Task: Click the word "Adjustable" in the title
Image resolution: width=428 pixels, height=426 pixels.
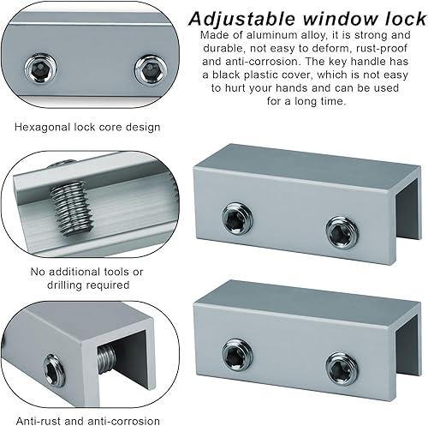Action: (241, 19)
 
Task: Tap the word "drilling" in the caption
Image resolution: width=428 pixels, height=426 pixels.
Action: (65, 285)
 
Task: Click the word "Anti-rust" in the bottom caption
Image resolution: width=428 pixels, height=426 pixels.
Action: (38, 421)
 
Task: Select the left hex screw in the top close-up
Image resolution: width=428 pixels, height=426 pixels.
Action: (40, 69)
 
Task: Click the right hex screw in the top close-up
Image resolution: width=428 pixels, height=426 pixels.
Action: (150, 69)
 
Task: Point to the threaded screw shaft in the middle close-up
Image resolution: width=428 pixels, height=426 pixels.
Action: (72, 209)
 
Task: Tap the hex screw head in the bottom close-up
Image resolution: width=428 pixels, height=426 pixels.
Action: (54, 370)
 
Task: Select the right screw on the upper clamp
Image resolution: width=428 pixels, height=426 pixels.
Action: (342, 232)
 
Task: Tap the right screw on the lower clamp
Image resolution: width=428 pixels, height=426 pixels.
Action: (342, 369)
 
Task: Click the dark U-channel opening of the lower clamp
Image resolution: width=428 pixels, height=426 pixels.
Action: (408, 345)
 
